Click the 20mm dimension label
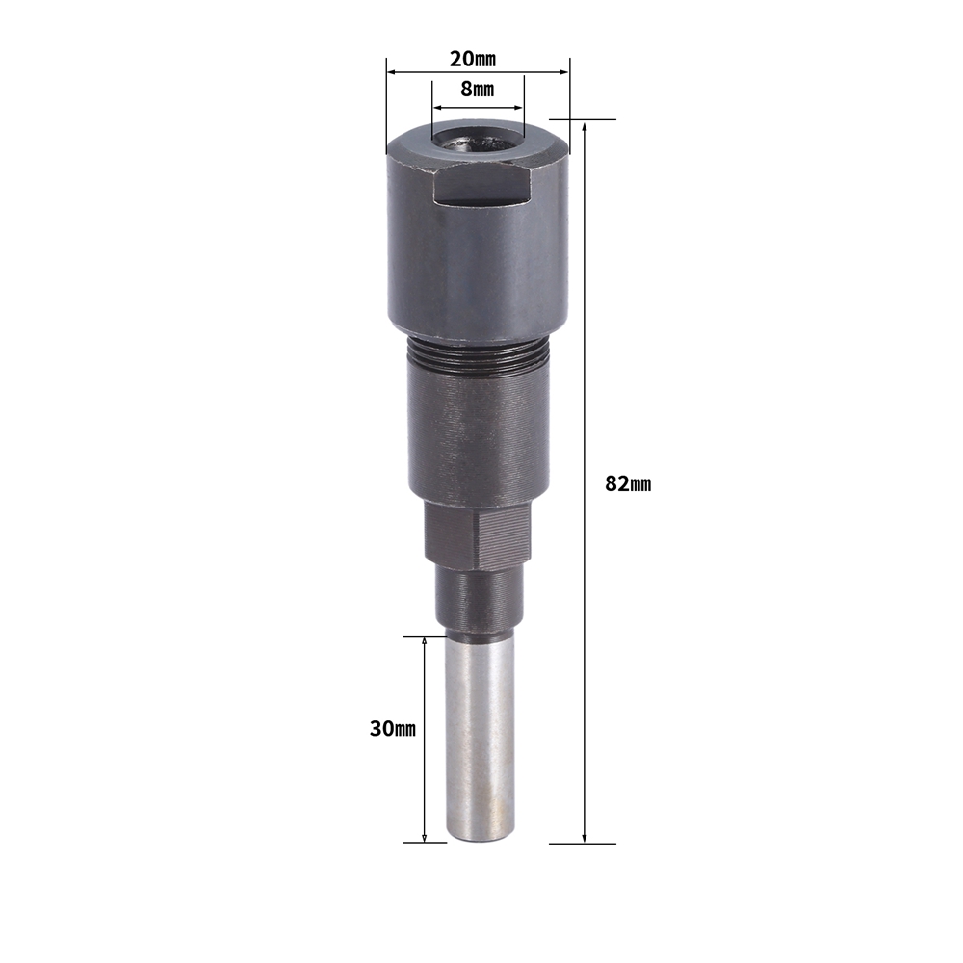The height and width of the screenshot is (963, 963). [x=472, y=59]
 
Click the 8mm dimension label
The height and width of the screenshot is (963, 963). [x=478, y=89]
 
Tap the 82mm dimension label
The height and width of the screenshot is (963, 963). [x=628, y=484]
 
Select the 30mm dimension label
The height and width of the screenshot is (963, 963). [x=393, y=729]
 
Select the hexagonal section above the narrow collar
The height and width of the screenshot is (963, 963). [x=478, y=534]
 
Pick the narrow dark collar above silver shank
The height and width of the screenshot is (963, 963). [x=479, y=599]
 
